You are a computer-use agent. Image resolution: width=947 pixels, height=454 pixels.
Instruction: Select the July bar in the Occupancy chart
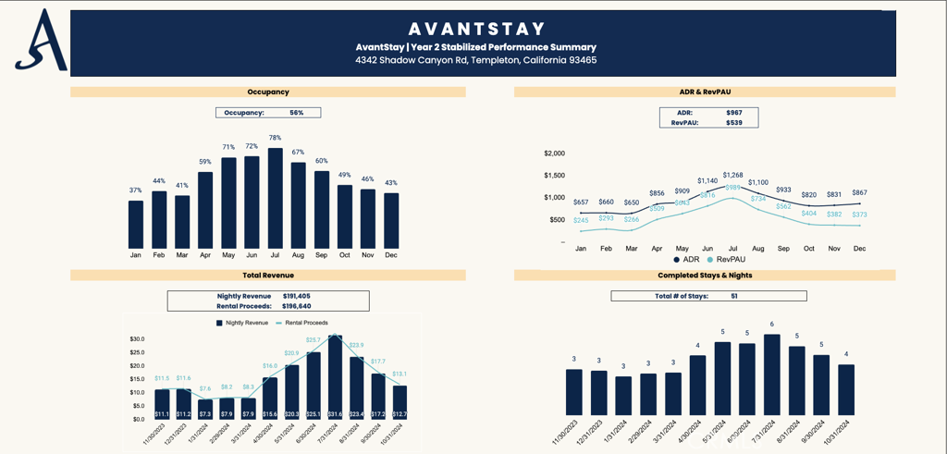(275, 198)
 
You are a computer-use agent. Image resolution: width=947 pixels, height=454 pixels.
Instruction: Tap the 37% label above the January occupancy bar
(136, 190)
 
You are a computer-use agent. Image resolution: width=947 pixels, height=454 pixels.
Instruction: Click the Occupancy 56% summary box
(268, 113)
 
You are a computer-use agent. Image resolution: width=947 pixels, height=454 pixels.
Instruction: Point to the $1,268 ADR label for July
(732, 175)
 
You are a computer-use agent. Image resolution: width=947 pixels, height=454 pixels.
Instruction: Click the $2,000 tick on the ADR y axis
(552, 153)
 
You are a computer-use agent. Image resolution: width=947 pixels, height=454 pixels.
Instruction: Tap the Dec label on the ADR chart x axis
(859, 249)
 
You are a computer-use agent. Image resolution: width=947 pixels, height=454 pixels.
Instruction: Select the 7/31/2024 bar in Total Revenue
(335, 377)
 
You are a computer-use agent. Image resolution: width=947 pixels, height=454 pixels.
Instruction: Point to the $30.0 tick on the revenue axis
(137, 339)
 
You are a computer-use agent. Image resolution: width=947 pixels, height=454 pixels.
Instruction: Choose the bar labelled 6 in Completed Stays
(771, 374)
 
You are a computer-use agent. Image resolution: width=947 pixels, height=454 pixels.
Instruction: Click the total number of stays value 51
(733, 296)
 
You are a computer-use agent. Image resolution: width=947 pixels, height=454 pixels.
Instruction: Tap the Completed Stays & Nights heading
(705, 276)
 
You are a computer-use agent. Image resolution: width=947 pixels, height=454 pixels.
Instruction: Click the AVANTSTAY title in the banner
(476, 29)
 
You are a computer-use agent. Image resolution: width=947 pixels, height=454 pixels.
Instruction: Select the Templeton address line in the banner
(476, 60)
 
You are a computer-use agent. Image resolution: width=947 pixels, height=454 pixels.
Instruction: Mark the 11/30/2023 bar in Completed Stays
(574, 392)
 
